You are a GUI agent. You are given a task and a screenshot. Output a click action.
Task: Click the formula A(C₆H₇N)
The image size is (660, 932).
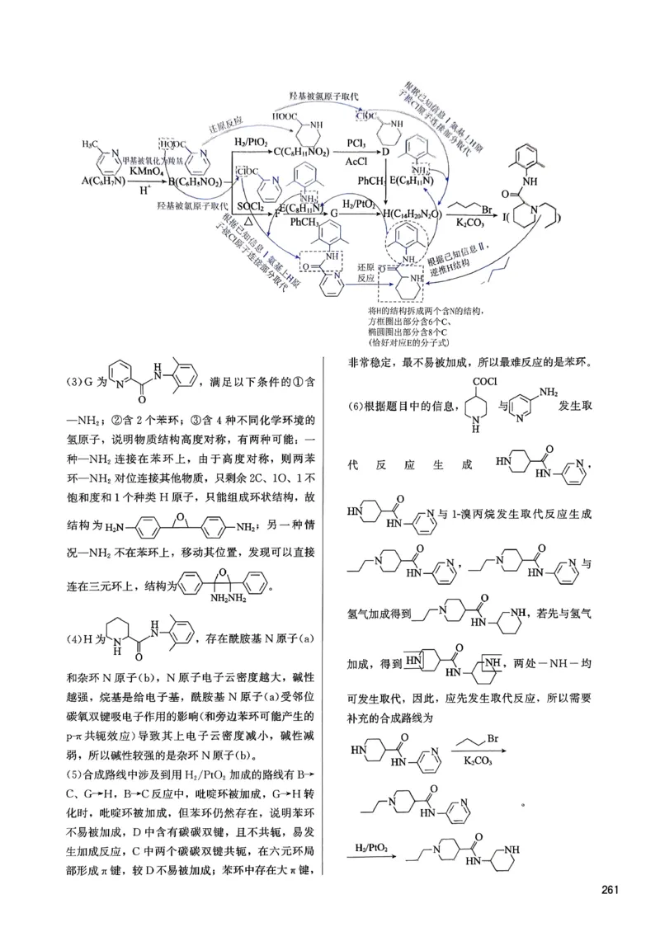point(101,180)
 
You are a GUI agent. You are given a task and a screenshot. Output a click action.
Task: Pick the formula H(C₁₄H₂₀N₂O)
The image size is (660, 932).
point(417,214)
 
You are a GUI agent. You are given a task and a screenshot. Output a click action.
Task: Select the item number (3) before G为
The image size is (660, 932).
point(74,382)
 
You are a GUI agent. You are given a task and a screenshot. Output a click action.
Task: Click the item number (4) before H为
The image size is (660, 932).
point(74,639)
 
